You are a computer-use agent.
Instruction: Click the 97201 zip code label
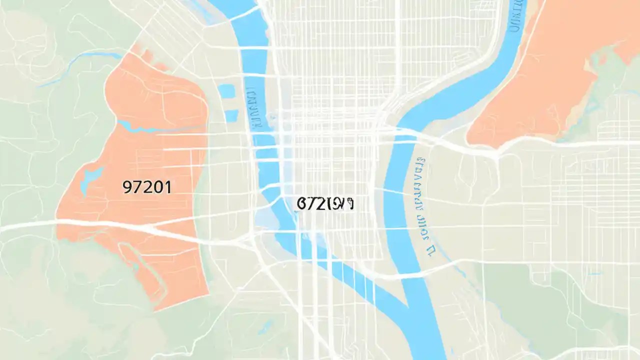146,187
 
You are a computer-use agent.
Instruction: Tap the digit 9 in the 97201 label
127,187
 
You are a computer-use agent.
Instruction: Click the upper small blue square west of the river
226,91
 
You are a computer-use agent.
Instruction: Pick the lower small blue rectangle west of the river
231,116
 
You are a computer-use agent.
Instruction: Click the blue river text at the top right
515,15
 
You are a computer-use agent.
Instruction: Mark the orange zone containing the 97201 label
150,150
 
